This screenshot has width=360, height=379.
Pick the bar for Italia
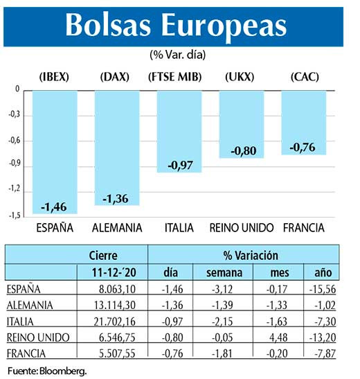pyautogui.click(x=179, y=131)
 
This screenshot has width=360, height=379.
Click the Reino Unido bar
pyautogui.click(x=242, y=124)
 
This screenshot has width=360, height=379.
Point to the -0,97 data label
pyautogui.click(x=179, y=166)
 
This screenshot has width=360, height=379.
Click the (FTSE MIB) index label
pyautogui.click(x=175, y=77)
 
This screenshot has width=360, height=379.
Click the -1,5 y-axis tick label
pyautogui.click(x=15, y=215)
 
